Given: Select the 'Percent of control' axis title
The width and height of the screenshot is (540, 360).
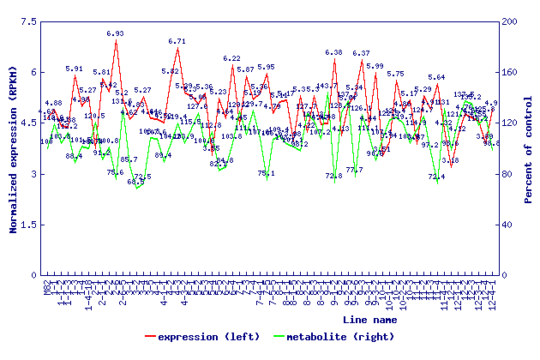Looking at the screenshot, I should coord(529,148).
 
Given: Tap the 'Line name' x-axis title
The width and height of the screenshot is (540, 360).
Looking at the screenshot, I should coord(369,319).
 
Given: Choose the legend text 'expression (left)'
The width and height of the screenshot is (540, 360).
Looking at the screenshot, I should coord(203,337).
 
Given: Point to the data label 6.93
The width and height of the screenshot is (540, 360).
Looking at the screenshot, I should coord(115,34).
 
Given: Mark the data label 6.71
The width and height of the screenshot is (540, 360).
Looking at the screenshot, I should coord(177,41).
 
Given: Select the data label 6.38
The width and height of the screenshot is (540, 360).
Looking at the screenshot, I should coord(333,53).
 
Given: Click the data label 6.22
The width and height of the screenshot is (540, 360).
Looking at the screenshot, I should coord(231,59).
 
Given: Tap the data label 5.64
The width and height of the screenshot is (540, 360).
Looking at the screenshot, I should coord(436,78).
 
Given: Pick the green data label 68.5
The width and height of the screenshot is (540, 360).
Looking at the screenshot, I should coord(135,182).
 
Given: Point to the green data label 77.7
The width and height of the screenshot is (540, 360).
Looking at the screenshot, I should coord(354,170).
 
